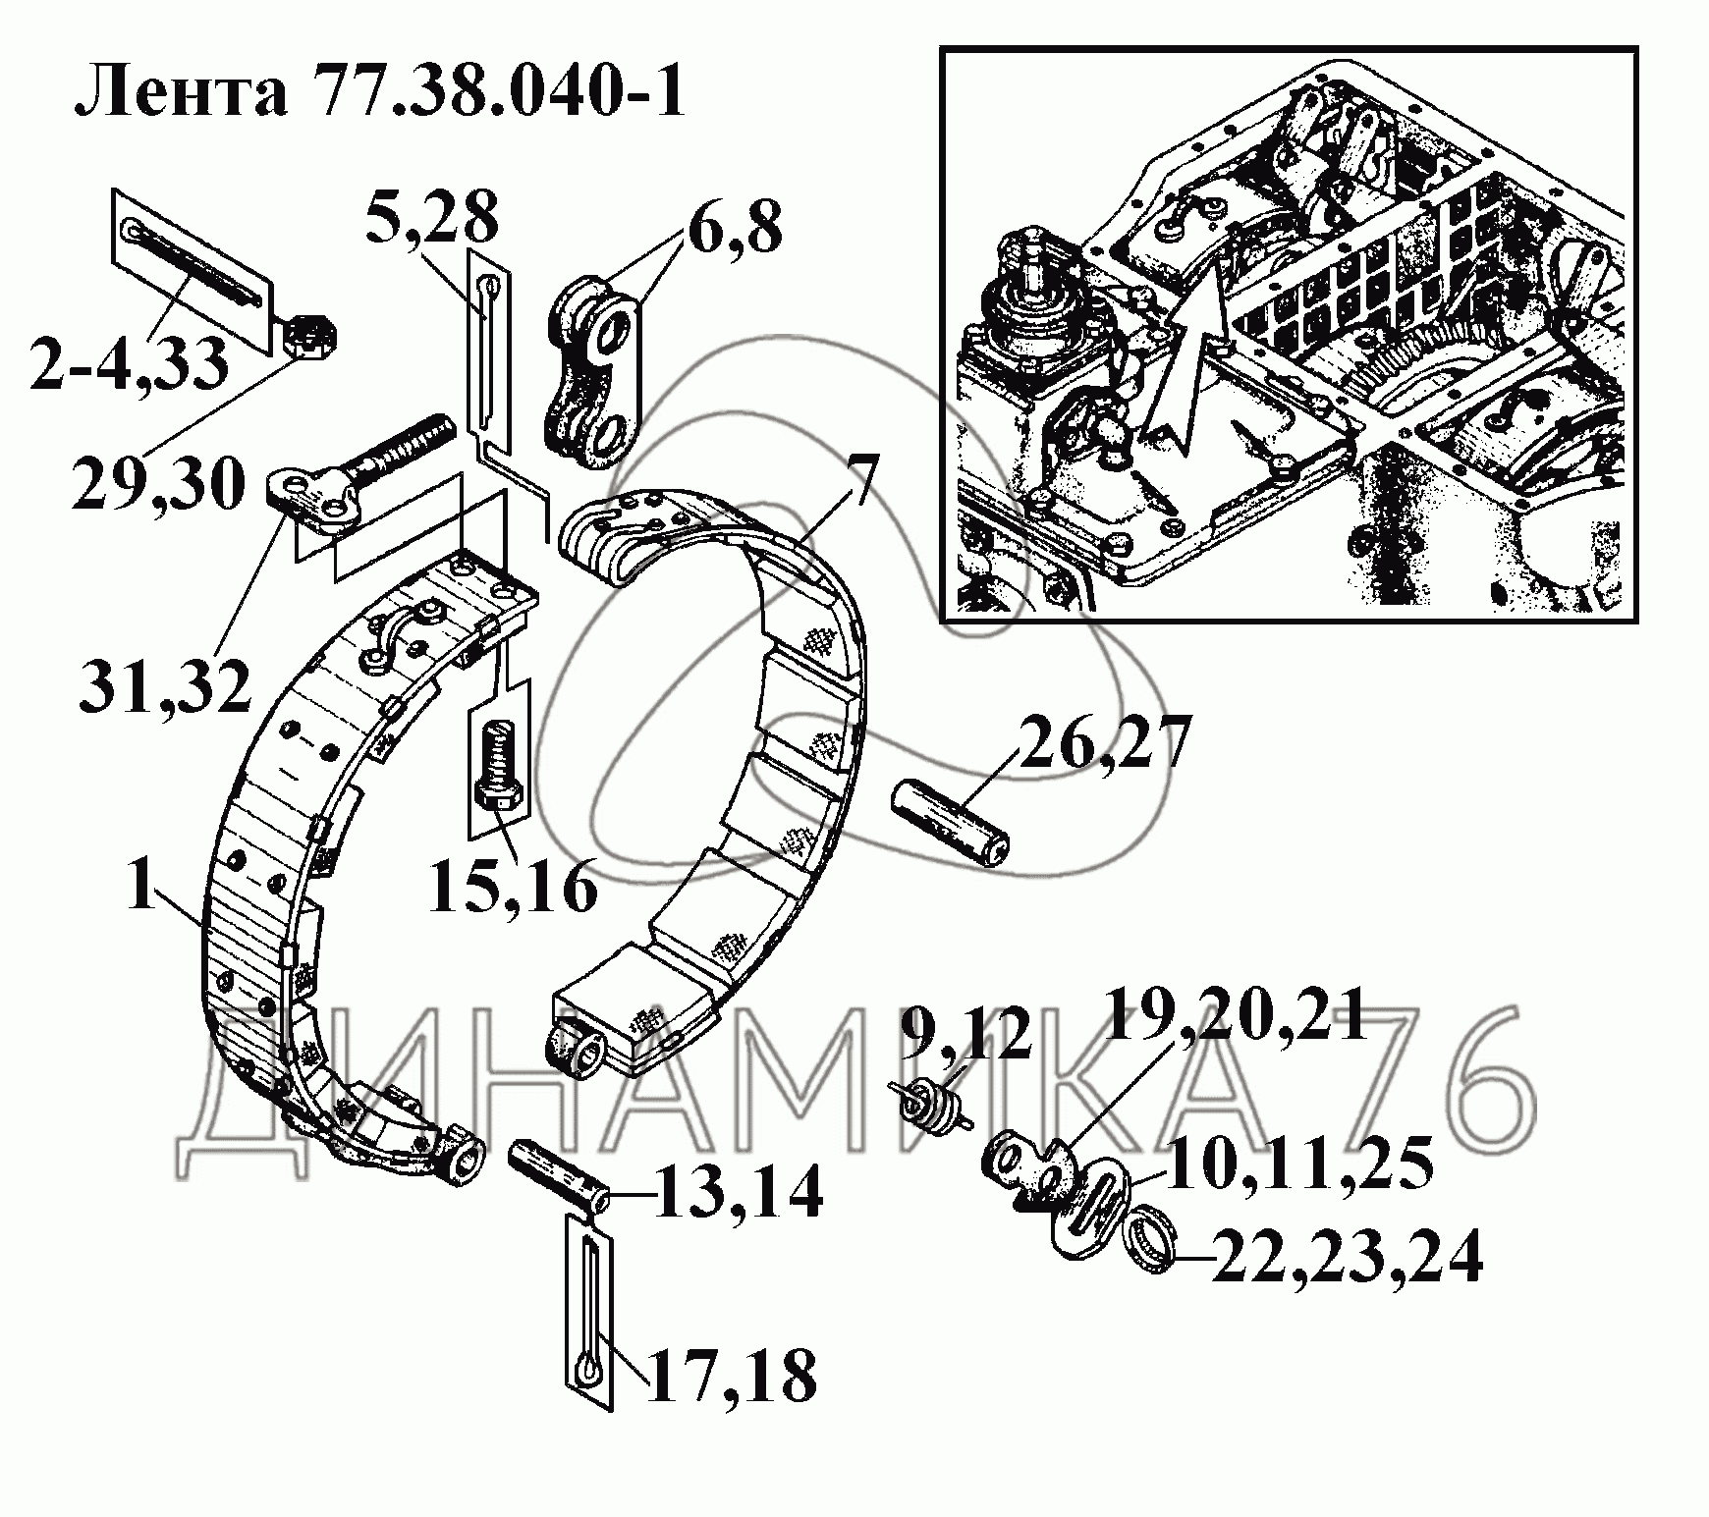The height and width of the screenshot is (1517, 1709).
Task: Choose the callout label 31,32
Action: (x=165, y=683)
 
